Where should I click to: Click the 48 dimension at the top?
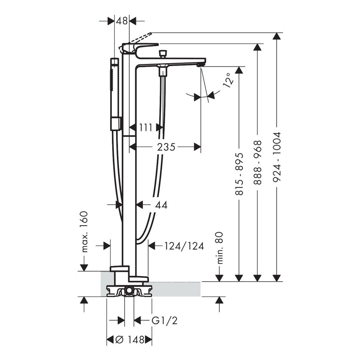coord(122,20)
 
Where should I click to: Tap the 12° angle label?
coord(228,80)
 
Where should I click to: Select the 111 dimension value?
coord(146,127)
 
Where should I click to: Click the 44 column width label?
coord(161,205)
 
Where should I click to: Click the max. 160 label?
coord(85,232)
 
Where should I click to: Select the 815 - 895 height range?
coord(239,174)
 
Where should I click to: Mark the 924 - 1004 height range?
coord(277,157)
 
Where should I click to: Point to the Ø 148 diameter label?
coord(128,340)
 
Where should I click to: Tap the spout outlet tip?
coord(200,65)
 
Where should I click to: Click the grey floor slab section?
coord(178,289)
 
